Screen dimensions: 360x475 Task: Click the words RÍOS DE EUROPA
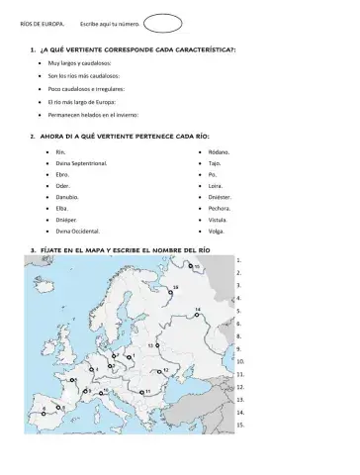[41, 22]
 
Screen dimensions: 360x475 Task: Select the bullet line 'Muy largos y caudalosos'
[83, 61]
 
